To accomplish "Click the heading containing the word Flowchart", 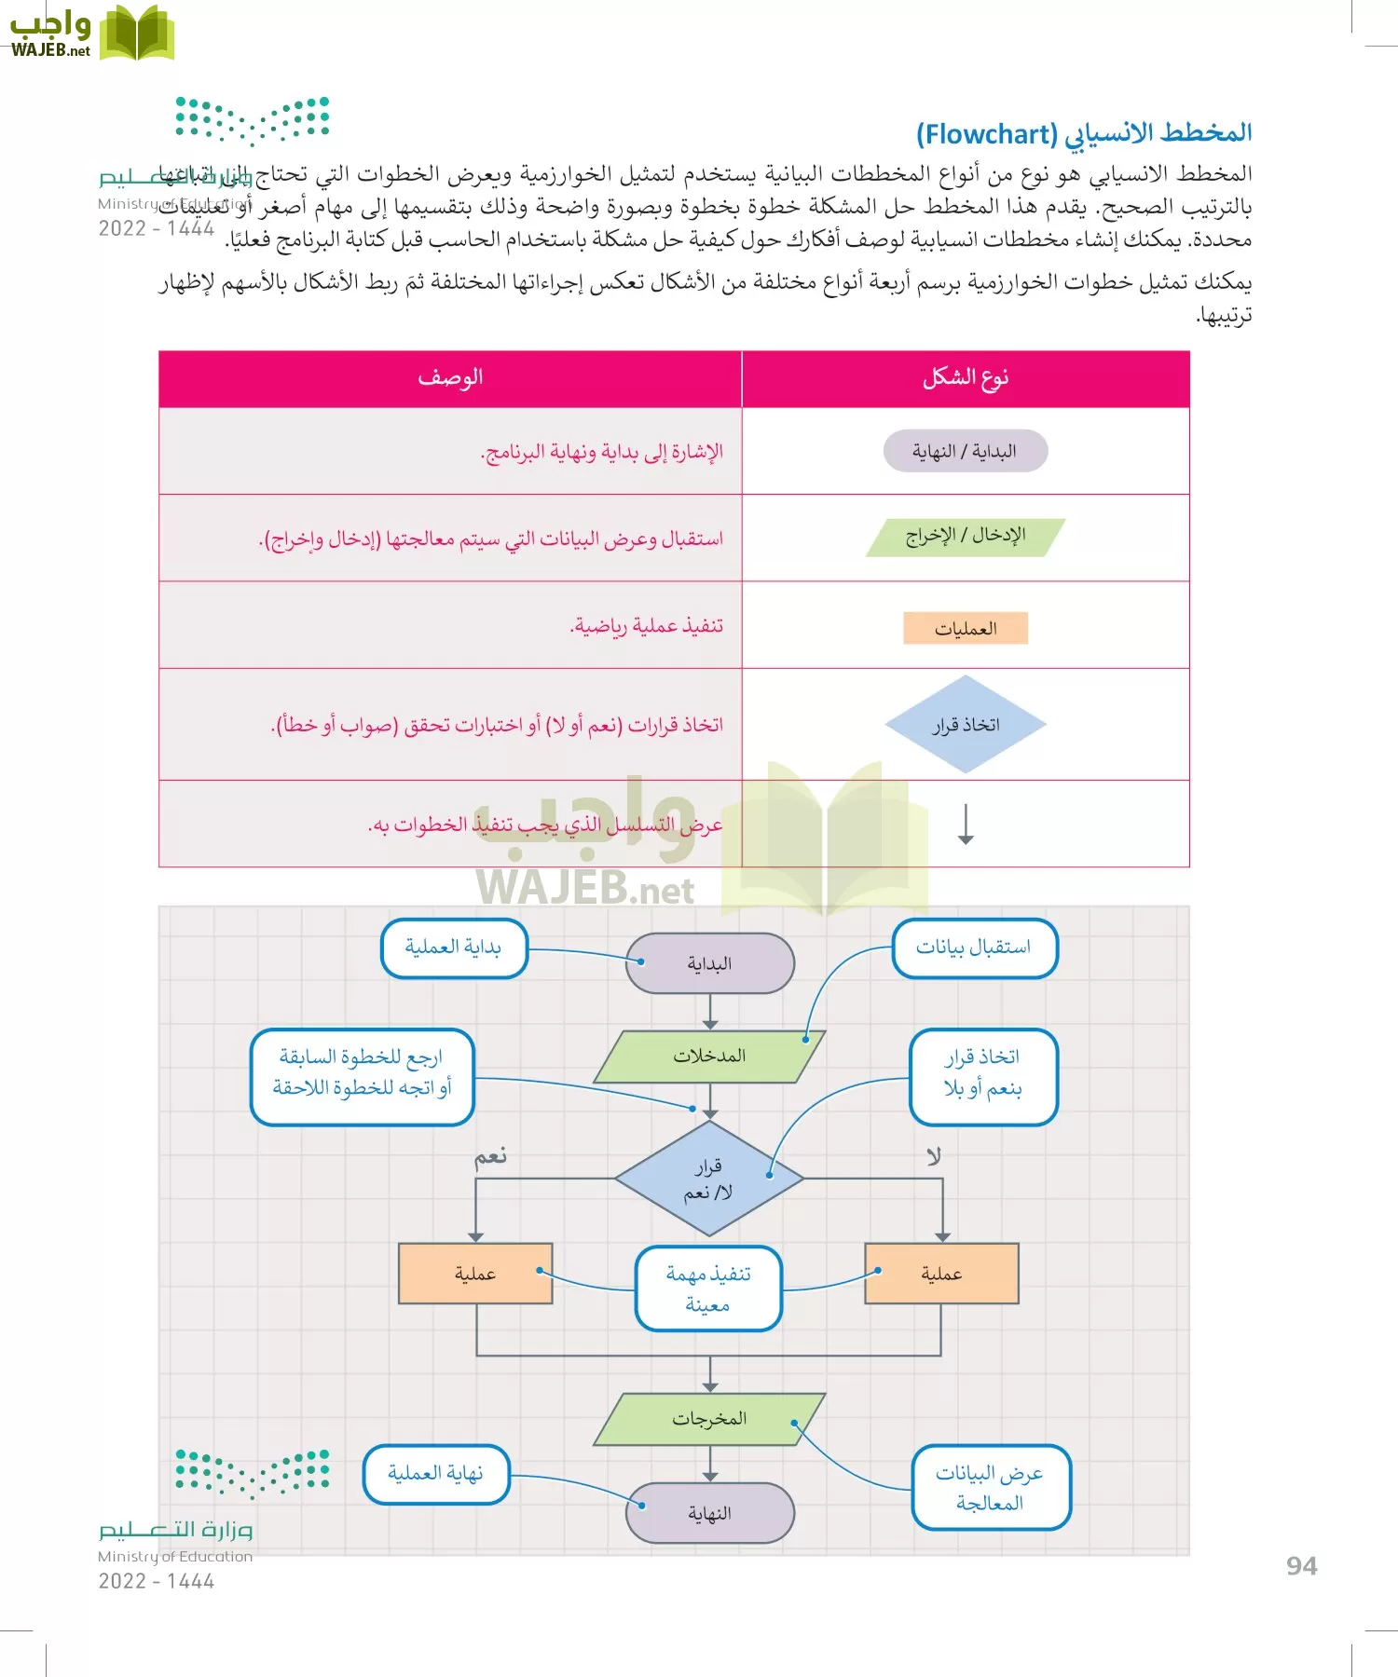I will pos(1083,134).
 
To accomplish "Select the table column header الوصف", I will pos(450,377).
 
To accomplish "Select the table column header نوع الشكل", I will pos(966,377).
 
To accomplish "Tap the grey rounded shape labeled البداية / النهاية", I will pos(966,452).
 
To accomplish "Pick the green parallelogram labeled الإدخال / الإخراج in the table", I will pos(966,537).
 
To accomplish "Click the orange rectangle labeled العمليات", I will pos(966,629).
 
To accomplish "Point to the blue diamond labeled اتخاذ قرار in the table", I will pos(966,725).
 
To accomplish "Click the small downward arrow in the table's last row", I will pos(966,825).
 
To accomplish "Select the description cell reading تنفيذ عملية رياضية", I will pos(646,626).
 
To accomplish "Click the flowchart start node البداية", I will pos(710,963).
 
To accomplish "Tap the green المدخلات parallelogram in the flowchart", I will pos(710,1056).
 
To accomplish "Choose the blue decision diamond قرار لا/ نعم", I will pos(709,1179).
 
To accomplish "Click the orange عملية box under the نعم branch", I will pos(475,1274).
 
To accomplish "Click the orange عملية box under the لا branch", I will pos(941,1274).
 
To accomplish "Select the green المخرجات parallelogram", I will pos(710,1419).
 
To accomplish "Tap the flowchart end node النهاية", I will pos(710,1513).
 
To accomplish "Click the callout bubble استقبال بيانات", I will pos(974,948).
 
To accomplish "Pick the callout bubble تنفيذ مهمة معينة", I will pos(708,1288).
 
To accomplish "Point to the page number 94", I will pos(1301,1566).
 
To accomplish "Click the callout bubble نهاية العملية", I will pos(436,1474).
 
